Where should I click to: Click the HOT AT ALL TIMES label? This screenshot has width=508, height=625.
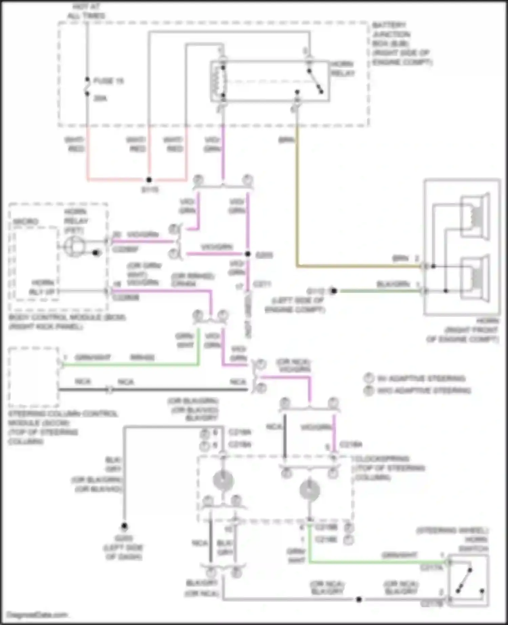point(86,11)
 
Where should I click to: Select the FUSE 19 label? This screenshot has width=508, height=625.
point(108,81)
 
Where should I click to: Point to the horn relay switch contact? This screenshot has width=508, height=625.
point(315,81)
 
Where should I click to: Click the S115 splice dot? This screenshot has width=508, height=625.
point(149,180)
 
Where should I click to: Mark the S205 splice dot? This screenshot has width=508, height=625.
point(248,254)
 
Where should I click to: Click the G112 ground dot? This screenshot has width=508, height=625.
point(334,291)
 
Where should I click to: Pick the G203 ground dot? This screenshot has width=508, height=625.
point(124,526)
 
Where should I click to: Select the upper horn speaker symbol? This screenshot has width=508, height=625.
point(476,216)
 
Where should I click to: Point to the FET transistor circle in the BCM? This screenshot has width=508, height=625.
point(75,246)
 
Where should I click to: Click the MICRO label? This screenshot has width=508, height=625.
point(26,221)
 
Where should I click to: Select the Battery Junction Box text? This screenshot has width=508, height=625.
point(402,44)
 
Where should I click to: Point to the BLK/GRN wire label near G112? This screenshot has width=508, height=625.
point(393,284)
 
